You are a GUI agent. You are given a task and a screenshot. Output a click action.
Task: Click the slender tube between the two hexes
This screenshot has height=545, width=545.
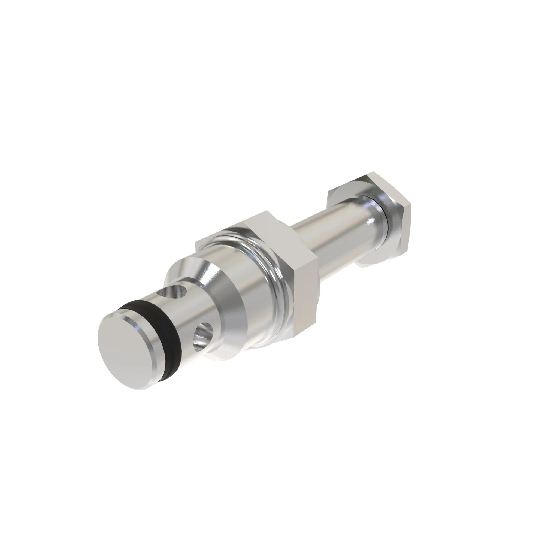coord(333,226)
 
